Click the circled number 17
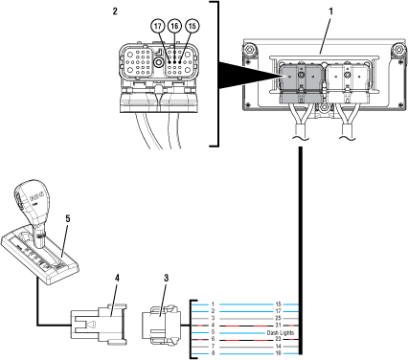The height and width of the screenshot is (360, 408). (158, 26)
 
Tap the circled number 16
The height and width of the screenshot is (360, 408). (174, 26)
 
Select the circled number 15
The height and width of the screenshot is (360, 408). (193, 26)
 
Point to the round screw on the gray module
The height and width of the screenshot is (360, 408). (301, 75)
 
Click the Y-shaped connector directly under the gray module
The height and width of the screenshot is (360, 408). (301, 122)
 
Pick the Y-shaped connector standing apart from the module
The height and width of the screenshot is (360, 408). (348, 121)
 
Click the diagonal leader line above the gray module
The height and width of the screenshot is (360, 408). (325, 36)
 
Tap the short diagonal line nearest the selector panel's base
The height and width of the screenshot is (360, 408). (114, 301)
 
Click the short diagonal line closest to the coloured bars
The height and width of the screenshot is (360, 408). (163, 301)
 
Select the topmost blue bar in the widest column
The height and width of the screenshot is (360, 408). (246, 304)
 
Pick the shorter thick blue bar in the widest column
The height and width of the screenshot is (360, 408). (242, 333)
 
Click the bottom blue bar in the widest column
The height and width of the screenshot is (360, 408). (246, 354)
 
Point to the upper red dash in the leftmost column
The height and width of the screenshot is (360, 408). (200, 326)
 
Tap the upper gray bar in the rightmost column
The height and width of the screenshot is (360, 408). (290, 311)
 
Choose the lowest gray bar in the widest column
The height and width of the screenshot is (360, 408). (246, 348)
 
